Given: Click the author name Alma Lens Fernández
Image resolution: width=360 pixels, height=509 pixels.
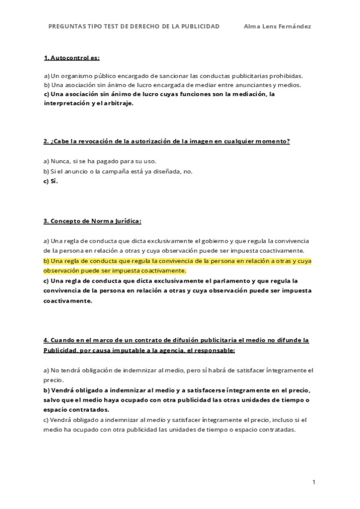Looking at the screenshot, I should [278, 26].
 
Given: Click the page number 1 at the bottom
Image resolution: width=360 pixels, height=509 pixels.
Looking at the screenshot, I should [314, 481].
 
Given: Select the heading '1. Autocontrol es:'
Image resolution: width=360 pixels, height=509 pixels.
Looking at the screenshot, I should [71, 58].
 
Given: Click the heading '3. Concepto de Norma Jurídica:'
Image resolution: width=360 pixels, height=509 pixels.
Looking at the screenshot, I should [92, 221].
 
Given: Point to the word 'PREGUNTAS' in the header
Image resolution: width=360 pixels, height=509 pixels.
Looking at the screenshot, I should [67, 26].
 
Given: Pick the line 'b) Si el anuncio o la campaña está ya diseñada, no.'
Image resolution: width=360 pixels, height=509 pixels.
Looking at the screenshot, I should [118, 171].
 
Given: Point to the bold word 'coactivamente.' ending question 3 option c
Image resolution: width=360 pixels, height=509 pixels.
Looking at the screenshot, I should [68, 301].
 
